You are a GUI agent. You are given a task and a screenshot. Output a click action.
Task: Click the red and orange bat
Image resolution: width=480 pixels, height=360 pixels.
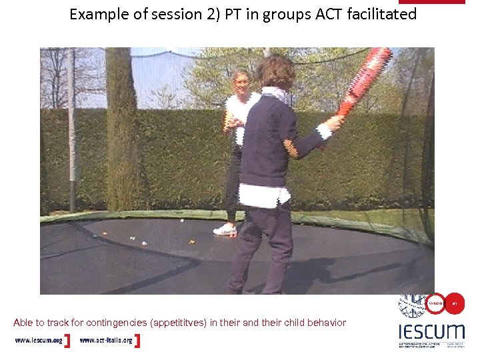(x=363, y=79)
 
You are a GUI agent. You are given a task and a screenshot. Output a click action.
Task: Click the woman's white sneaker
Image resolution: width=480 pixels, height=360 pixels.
(x=225, y=229)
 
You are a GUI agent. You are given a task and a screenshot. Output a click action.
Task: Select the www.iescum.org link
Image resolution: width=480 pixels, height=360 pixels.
(x=39, y=341)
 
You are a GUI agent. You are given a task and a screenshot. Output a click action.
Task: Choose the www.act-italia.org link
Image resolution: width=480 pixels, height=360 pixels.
(x=106, y=341)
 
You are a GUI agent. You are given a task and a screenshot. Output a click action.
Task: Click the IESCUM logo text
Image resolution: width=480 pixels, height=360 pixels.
(x=431, y=331)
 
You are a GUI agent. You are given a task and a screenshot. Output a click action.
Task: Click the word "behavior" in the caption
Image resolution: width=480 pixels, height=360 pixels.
(x=327, y=323)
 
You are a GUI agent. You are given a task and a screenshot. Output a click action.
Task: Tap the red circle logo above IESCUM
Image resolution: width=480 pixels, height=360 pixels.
(x=437, y=303)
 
